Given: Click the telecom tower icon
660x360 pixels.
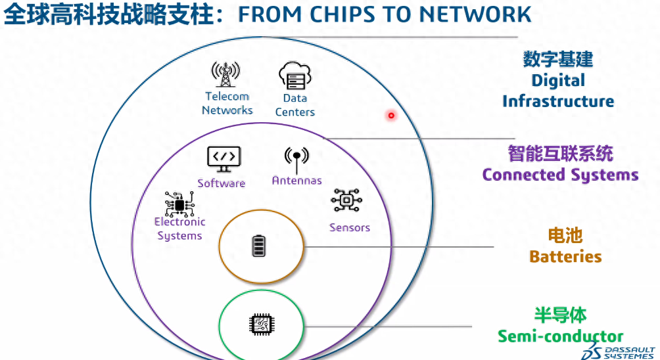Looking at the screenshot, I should tap(225, 76).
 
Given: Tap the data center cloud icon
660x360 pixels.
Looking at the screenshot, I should tap(295, 76).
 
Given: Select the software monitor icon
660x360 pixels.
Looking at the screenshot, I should tap(224, 158).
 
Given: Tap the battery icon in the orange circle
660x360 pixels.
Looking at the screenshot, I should tap(260, 246).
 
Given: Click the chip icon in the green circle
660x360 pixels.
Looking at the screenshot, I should tap(260, 325).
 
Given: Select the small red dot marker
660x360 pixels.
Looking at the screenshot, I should tap(390, 116).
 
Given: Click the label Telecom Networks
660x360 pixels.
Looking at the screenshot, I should tap(227, 103).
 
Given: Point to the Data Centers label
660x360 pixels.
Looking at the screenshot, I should tap(295, 105).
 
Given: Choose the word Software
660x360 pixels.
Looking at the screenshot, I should tap(222, 183).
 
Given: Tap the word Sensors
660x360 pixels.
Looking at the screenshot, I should tap(350, 227).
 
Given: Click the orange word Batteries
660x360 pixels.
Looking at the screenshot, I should tap(565, 256).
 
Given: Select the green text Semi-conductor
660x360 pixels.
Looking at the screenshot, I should tap(560, 336).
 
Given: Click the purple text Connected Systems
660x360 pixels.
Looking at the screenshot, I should tap(560, 175).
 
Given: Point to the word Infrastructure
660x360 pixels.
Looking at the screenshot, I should tap(558, 101).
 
